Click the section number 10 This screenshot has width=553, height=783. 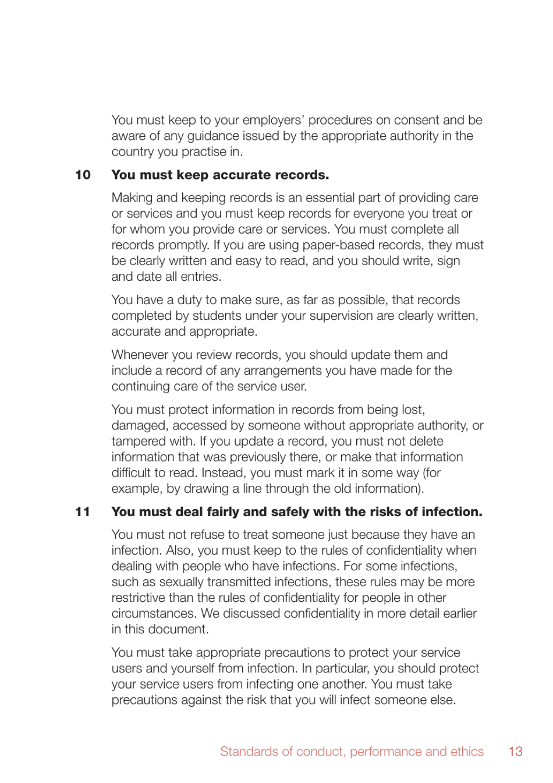(x=83, y=175)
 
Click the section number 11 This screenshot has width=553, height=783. (x=83, y=512)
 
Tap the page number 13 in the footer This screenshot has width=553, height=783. (x=515, y=752)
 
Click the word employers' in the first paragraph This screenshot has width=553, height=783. (x=274, y=120)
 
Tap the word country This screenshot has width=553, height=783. (x=133, y=151)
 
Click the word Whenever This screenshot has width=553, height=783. (x=139, y=355)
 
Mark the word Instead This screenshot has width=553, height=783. (x=229, y=472)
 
